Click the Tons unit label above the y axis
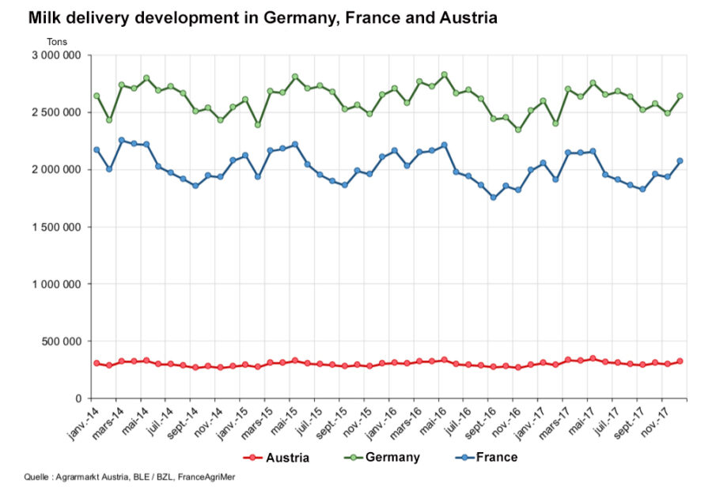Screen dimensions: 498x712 point(57,42)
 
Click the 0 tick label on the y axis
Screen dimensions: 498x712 point(78,398)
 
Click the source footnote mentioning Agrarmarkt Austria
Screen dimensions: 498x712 point(130,477)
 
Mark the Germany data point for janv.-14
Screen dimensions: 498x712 point(97,96)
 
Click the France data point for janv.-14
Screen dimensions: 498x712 point(97,149)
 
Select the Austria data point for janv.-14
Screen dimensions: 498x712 point(97,363)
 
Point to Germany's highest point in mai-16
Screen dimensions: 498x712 point(444,74)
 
